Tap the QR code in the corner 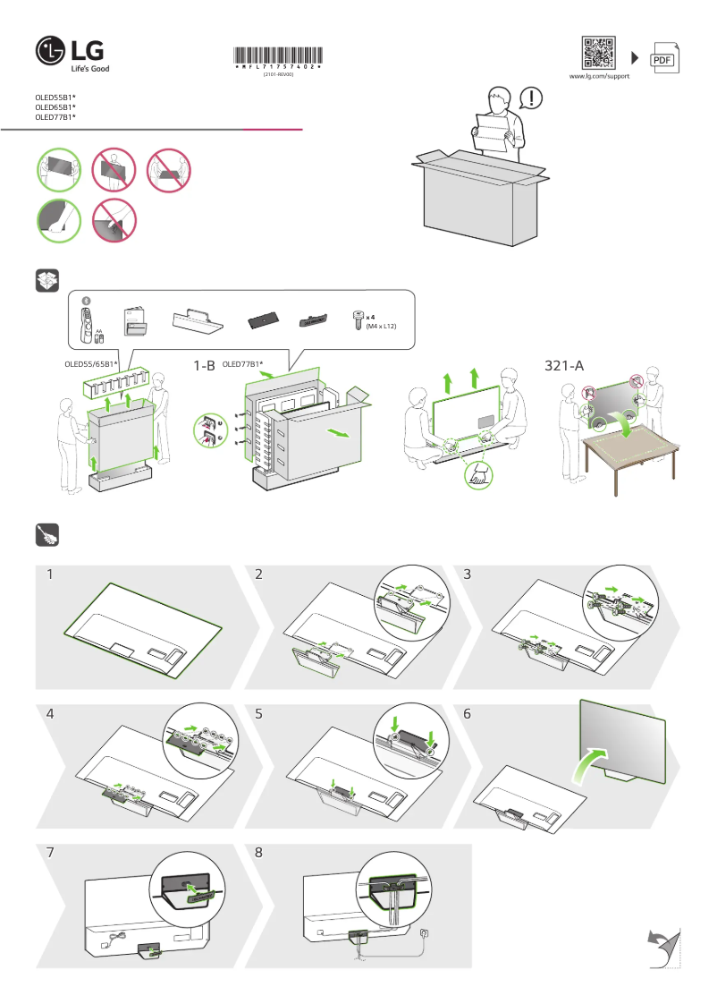599,53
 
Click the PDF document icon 662,58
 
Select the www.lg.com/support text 599,77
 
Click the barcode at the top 277,55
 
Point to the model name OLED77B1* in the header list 55,116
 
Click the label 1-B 204,365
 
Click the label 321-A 564,365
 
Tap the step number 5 259,714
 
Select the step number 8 259,853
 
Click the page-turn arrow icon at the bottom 662,948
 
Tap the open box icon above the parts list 46,279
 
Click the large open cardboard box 479,197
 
